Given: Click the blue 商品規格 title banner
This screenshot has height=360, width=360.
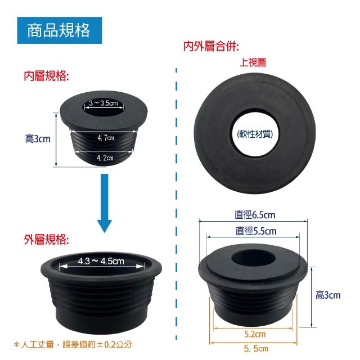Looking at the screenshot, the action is click(x=60, y=30).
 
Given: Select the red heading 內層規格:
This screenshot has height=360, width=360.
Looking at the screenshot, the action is click(x=46, y=76).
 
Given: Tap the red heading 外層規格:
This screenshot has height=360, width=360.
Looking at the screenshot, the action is click(x=46, y=240).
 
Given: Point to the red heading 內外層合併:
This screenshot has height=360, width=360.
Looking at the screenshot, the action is click(x=211, y=46).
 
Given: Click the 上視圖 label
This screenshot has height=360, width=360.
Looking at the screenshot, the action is click(x=253, y=62).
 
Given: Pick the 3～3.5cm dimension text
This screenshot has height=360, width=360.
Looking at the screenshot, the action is click(x=103, y=103).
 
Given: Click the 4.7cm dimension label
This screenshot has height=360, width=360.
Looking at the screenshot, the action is click(x=106, y=138).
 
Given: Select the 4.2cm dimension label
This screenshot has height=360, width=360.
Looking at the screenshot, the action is click(x=105, y=157).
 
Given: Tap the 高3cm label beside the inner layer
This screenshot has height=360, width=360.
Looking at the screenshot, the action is click(x=38, y=139).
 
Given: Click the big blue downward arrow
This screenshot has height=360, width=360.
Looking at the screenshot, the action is click(x=105, y=203).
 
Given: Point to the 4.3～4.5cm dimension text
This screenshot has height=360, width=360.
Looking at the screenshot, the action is click(x=101, y=261).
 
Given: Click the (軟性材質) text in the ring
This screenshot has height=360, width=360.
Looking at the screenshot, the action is click(x=255, y=134).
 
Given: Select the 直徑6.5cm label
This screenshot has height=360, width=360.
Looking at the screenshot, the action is click(x=255, y=215).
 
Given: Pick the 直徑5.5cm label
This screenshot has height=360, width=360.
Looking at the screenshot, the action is click(x=256, y=231).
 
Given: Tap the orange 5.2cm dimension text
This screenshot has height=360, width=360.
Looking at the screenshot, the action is click(x=255, y=334).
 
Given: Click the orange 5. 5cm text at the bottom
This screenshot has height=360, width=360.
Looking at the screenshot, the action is click(x=256, y=349).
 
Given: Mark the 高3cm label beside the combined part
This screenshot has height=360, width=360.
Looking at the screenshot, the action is click(x=328, y=295).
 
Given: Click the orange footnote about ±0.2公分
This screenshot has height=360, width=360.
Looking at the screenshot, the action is click(x=73, y=344).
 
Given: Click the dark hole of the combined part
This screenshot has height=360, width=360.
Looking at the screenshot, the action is click(x=253, y=259).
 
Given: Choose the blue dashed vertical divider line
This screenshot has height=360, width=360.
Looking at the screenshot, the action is click(x=176, y=204).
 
